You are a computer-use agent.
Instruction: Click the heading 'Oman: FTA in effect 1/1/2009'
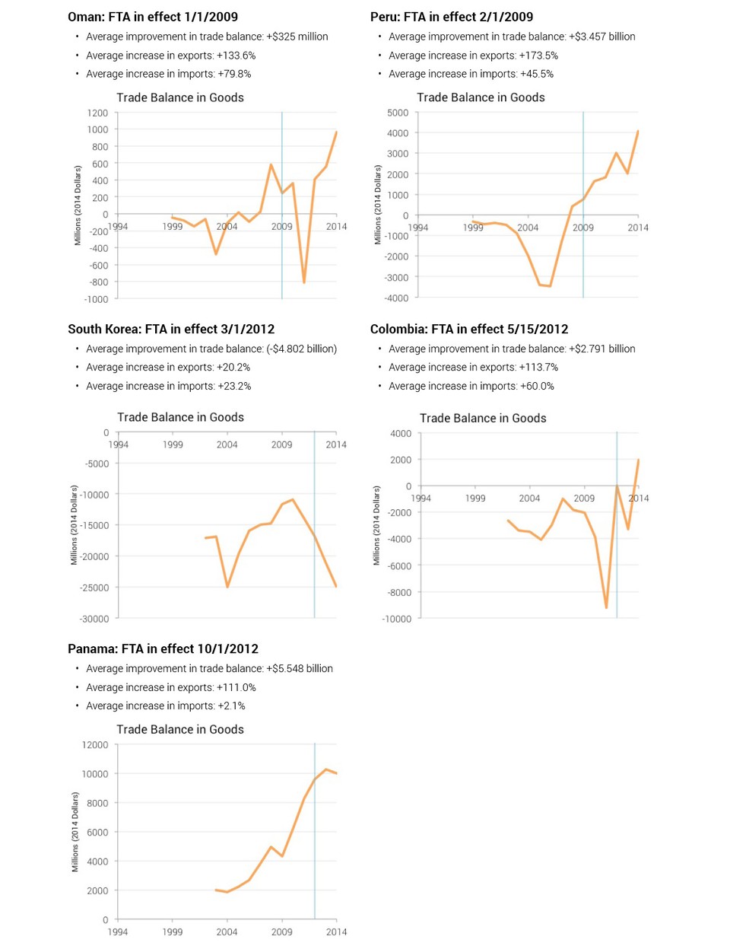pyautogui.click(x=152, y=17)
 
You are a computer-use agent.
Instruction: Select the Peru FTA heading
pyautogui.click(x=451, y=17)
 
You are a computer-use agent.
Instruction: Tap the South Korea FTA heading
pyautogui.click(x=171, y=329)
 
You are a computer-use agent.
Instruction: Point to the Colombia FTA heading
pyautogui.click(x=468, y=329)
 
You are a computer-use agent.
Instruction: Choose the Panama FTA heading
pyautogui.click(x=163, y=648)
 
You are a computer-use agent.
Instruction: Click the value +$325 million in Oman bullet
pyautogui.click(x=297, y=37)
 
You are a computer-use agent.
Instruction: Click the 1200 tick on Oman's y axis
pyautogui.click(x=97, y=113)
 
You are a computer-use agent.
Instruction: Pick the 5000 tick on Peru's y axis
pyautogui.click(x=397, y=113)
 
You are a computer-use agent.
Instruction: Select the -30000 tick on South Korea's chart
pyautogui.click(x=95, y=619)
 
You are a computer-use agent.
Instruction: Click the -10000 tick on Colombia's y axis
pyautogui.click(x=396, y=619)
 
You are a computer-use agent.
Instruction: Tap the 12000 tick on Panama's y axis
pyautogui.click(x=95, y=745)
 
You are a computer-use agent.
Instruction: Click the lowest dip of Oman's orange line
pyautogui.click(x=304, y=282)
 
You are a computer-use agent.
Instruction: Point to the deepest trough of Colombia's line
pyautogui.click(x=606, y=607)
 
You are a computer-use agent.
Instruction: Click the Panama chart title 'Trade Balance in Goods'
pyautogui.click(x=180, y=729)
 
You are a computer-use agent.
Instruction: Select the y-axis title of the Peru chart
pyautogui.click(x=377, y=205)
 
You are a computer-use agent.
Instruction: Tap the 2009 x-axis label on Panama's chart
pyautogui.click(x=281, y=932)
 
